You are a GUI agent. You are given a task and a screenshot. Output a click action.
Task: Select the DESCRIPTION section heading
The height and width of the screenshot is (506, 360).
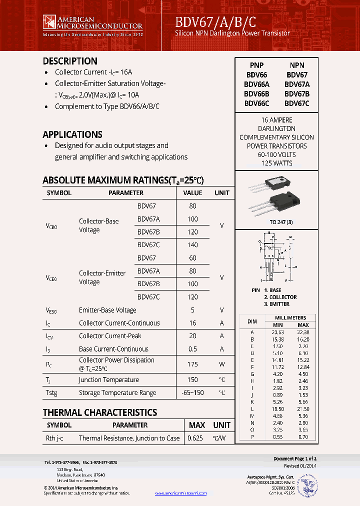pos(70,61)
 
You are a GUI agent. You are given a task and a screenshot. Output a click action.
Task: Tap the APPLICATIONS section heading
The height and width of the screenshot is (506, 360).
pos(72,134)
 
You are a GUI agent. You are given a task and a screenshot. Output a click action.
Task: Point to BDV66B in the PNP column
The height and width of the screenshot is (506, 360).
pos(256,94)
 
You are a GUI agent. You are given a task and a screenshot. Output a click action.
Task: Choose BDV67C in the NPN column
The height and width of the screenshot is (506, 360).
pos(297,103)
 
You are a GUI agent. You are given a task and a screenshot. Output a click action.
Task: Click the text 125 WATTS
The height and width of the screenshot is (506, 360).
pos(276,163)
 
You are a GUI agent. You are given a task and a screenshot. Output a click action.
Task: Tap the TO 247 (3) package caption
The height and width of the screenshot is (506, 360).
pos(281,222)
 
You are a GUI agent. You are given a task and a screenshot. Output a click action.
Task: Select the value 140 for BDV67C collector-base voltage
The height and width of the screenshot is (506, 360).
pos(192,245)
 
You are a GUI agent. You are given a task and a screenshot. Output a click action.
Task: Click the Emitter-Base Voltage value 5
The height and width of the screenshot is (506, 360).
pos(192,310)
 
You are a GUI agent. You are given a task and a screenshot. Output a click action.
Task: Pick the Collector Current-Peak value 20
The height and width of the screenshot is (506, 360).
pos(192,336)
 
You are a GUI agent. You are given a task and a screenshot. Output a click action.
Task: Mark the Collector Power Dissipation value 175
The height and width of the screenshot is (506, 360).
pos(192,364)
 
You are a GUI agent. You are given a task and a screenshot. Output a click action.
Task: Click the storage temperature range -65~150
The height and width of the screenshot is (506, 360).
pos(192,392)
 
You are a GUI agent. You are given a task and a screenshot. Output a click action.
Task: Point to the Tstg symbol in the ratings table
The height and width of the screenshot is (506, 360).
pos(51,392)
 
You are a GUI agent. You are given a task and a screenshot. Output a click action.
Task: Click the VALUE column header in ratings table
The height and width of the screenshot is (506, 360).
pos(192,192)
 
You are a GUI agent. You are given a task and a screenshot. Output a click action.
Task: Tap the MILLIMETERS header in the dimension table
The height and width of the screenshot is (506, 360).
pos(290,317)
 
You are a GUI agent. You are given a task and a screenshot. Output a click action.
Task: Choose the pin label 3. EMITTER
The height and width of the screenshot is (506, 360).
pos(276,304)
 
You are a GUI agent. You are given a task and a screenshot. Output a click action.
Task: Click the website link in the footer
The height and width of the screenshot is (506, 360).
pos(180,493)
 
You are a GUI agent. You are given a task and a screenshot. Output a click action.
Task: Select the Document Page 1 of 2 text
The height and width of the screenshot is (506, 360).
pos(295,458)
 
